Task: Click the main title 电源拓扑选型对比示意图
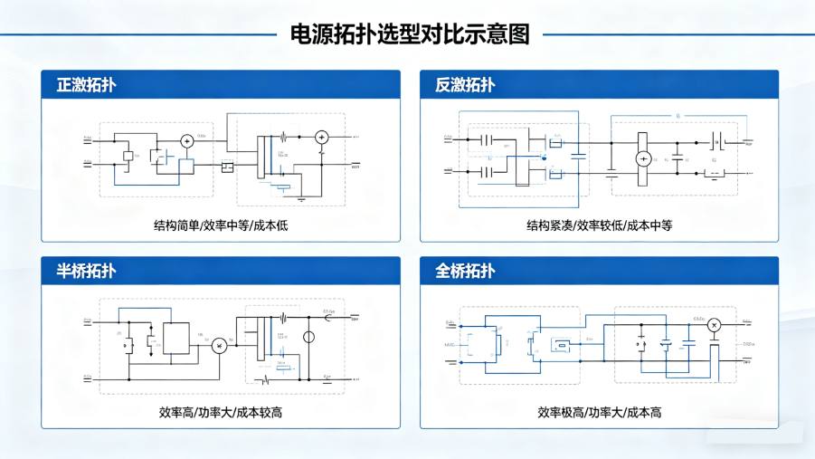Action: tap(409, 34)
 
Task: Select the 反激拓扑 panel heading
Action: tap(465, 85)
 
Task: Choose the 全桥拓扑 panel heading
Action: tap(465, 271)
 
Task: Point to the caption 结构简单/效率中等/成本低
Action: tap(220, 225)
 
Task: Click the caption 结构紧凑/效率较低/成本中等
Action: tap(599, 225)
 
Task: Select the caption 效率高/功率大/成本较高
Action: tap(220, 412)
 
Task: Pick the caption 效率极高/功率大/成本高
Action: tap(599, 412)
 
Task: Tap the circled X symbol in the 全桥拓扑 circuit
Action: tap(713, 325)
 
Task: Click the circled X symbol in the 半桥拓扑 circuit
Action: tap(218, 345)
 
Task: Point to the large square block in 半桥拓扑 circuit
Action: tap(175, 338)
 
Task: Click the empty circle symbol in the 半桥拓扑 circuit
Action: tap(308, 339)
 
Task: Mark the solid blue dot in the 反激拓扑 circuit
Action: tap(544, 157)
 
